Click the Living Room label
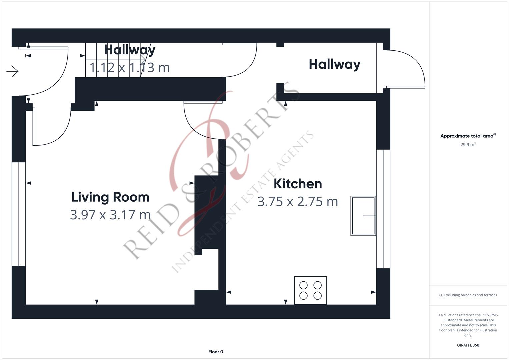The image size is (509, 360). [110, 197]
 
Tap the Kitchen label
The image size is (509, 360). [298, 184]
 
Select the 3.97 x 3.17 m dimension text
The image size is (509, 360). [110, 215]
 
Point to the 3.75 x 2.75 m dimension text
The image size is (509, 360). [298, 202]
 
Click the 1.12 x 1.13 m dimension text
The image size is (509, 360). [130, 68]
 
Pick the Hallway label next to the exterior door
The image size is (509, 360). [334, 64]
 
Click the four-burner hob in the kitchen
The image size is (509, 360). [310, 290]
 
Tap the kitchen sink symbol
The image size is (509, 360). [363, 216]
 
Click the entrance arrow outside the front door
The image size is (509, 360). [12, 71]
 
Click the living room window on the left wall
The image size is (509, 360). [19, 214]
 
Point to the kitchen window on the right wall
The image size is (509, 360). [383, 209]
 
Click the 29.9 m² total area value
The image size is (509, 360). [468, 145]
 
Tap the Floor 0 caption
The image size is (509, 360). [216, 352]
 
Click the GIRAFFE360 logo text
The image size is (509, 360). [468, 345]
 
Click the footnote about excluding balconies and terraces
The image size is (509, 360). [468, 295]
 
